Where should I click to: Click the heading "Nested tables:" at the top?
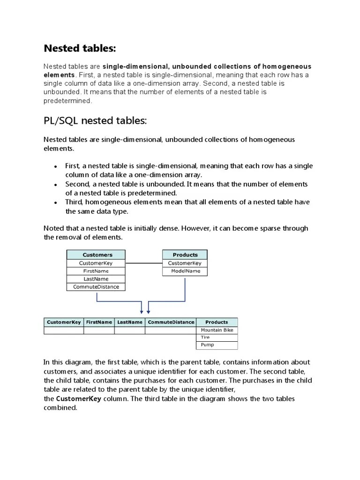79,48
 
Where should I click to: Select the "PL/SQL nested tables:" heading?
95,121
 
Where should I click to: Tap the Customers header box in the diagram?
97,255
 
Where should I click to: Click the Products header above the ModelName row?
185,255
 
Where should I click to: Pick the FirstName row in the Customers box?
96,271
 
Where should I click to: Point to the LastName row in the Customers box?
96,279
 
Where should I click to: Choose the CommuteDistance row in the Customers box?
96,287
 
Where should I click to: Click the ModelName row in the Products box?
185,271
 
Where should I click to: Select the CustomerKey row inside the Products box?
185,263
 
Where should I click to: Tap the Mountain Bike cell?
217,330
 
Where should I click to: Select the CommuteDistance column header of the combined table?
171,322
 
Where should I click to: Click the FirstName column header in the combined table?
99,322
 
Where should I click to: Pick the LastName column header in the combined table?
129,322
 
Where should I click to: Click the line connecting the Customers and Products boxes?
144,263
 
